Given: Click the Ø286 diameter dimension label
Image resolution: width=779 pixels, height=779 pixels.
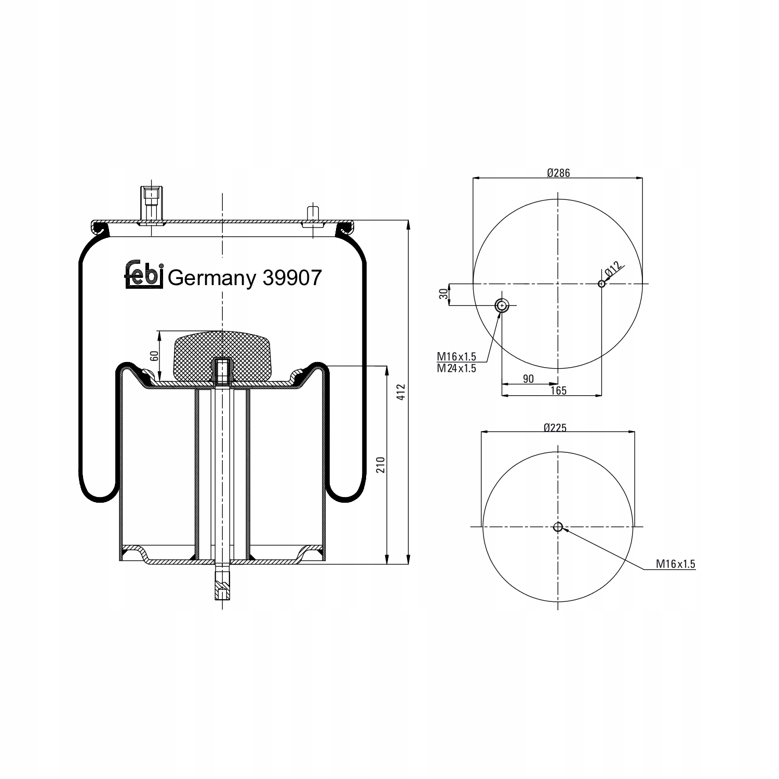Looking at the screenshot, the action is (558, 173).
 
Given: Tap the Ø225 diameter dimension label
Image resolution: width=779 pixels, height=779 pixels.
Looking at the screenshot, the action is (555, 428).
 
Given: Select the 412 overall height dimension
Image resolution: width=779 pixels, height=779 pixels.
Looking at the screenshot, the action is (400, 392).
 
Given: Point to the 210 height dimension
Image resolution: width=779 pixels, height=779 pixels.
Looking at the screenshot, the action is (380, 464).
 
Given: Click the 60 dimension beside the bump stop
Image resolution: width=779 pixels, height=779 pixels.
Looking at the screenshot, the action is (154, 356).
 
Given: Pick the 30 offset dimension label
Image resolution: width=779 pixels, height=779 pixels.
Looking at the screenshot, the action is (443, 294).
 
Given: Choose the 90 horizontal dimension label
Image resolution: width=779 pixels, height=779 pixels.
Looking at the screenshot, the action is (528, 379).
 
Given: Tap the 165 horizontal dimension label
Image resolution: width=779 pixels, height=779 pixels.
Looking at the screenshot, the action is (558, 391).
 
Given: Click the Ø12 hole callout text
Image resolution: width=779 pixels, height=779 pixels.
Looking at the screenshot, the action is (613, 269).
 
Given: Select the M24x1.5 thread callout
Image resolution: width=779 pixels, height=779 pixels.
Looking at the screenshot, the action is (456, 368).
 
